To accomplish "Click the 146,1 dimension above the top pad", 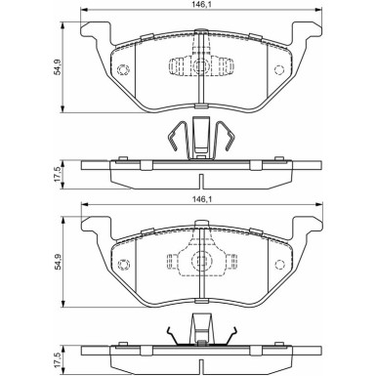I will pyautogui.click(x=199, y=6).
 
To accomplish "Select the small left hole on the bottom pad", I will pyautogui.click(x=123, y=263).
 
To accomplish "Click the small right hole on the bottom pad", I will pyautogui.click(x=279, y=263).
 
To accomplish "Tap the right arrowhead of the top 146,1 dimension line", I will pyautogui.click(x=318, y=13).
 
